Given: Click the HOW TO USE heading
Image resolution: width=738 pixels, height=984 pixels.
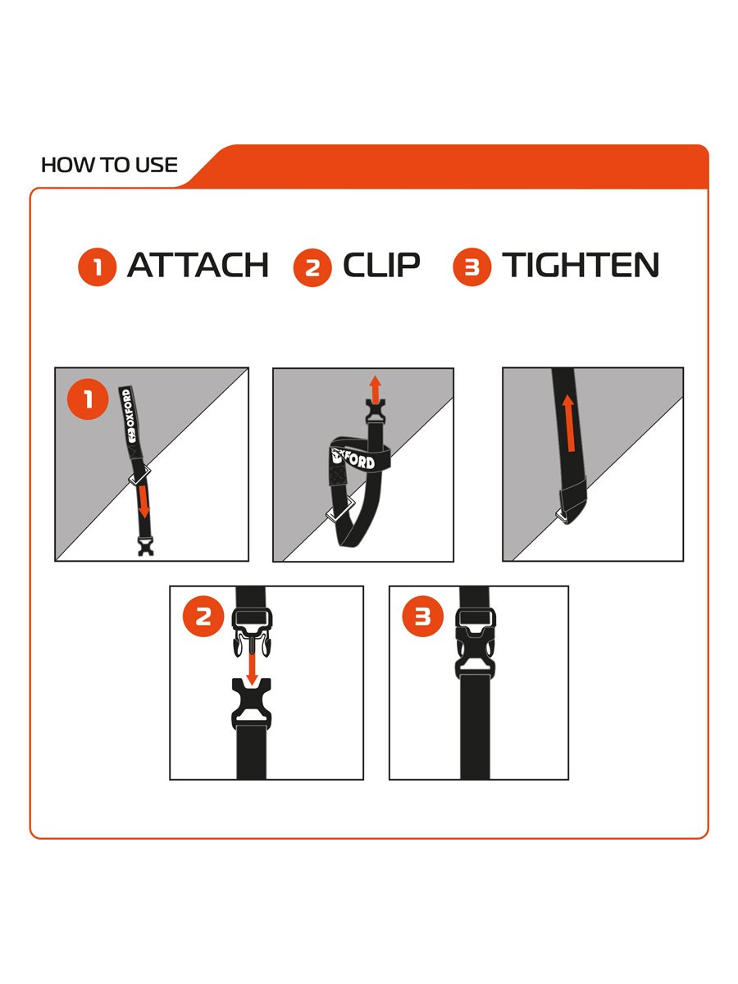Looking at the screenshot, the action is (x=109, y=165).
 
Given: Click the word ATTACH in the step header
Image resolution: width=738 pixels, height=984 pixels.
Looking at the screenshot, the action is (x=198, y=265).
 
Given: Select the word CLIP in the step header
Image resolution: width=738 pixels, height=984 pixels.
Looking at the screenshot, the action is (x=382, y=265).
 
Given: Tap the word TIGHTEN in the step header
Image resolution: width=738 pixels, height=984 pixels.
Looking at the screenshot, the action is (x=581, y=265).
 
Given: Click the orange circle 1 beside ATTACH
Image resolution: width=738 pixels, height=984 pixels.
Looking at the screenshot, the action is (x=98, y=266).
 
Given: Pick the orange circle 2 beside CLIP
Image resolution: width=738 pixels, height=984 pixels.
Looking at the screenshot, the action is (x=312, y=267).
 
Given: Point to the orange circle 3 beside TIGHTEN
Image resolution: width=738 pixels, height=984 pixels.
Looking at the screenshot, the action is (x=471, y=266).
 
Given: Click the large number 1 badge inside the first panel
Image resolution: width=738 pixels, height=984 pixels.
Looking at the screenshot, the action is (x=88, y=399).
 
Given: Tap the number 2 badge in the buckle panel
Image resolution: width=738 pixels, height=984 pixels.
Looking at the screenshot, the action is (x=203, y=616).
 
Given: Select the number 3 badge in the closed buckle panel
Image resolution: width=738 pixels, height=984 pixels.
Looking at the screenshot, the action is (x=422, y=616).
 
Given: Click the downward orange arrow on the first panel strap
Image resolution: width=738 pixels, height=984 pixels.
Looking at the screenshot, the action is (x=143, y=502).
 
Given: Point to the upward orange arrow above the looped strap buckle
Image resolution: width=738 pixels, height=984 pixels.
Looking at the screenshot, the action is (x=376, y=389).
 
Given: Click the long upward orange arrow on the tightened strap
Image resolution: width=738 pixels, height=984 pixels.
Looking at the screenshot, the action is (x=569, y=423).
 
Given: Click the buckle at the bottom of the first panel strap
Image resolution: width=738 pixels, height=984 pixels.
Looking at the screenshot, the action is (x=146, y=545).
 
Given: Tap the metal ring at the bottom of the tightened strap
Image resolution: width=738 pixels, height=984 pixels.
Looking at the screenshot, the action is (x=563, y=517).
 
